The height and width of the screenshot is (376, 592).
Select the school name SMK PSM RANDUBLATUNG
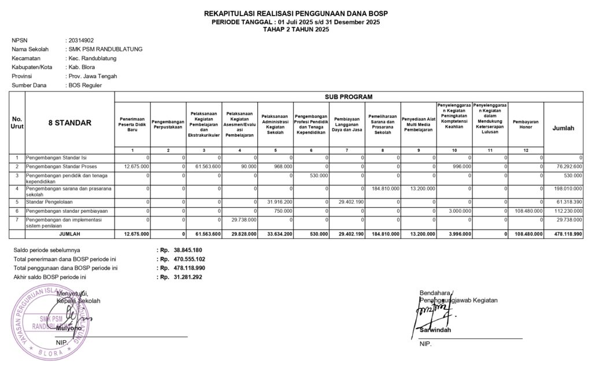point(105,49)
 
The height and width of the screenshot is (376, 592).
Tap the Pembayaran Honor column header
point(526,125)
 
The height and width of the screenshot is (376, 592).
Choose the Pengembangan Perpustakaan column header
point(168,125)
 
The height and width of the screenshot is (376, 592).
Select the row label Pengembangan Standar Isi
point(55,157)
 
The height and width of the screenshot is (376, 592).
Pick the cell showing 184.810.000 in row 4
point(383,189)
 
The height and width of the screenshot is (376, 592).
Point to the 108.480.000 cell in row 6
point(527,211)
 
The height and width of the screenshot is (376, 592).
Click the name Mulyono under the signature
point(69,328)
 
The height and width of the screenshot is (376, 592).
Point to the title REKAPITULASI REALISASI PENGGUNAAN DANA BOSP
point(296,13)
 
